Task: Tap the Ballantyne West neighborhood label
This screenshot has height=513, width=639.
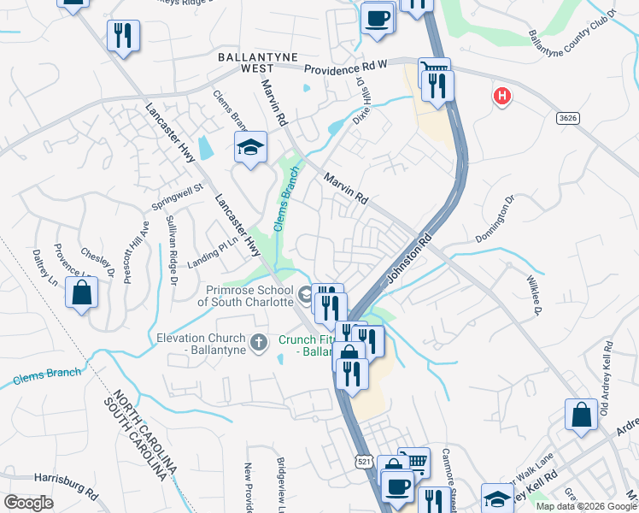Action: (x=246, y=62)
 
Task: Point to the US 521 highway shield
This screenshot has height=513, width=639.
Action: (x=365, y=463)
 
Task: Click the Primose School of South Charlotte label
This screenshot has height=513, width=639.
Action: (x=245, y=296)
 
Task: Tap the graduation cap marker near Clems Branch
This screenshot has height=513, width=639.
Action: (x=250, y=147)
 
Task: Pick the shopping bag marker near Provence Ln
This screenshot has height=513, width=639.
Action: (x=82, y=293)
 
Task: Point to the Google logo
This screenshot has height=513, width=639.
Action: (x=28, y=502)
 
